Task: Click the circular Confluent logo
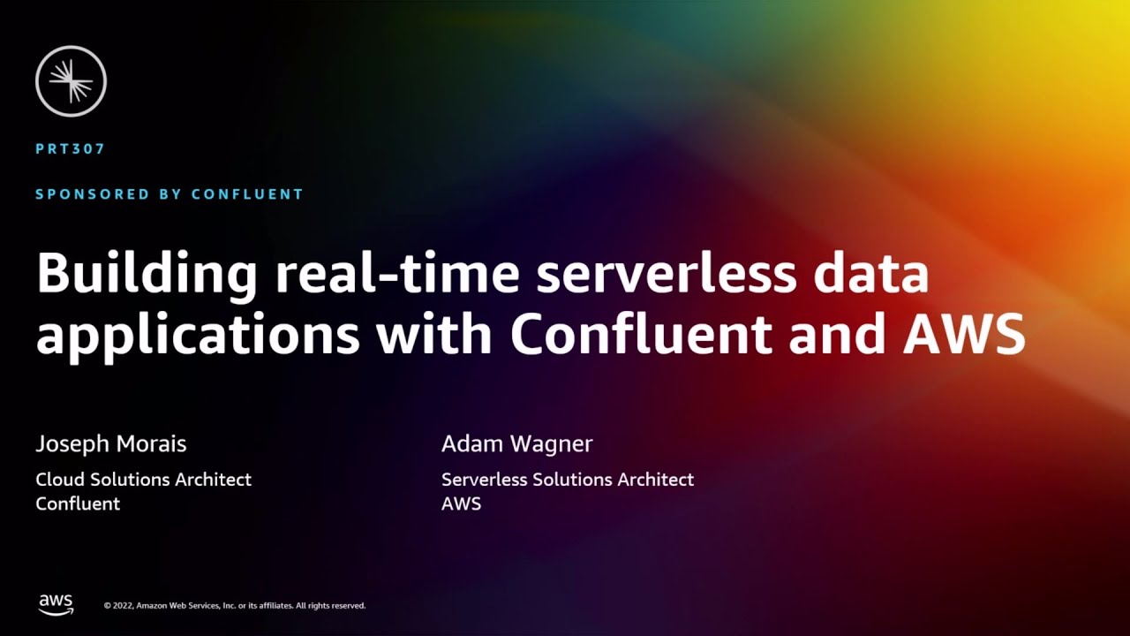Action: tap(71, 81)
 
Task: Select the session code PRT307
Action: tap(71, 149)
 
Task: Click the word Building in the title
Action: tap(147, 276)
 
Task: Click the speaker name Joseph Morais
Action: tap(111, 443)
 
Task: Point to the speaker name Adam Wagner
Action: tap(516, 443)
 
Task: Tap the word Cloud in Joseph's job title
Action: tap(60, 480)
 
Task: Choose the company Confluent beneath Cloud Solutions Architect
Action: tap(78, 504)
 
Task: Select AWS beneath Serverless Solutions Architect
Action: tap(461, 504)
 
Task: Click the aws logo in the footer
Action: tap(56, 604)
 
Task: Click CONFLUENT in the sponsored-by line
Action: tap(249, 194)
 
